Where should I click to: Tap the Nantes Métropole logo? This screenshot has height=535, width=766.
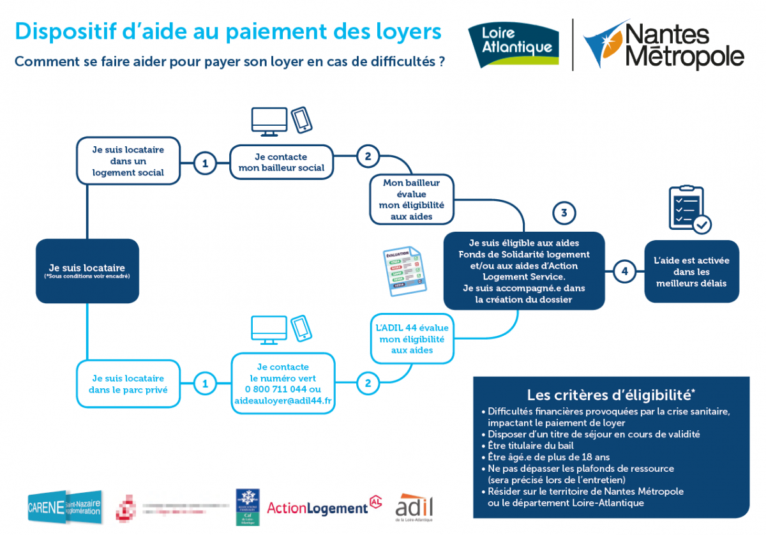(665, 45)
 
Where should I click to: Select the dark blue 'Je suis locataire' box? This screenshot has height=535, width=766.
(87, 271)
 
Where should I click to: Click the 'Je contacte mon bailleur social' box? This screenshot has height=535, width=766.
(281, 162)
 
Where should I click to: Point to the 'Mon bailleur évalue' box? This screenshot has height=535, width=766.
(411, 199)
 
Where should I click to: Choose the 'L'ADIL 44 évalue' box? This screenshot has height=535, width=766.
(412, 338)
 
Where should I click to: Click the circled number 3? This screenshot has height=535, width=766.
(564, 213)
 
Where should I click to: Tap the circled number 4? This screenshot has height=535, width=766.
(624, 271)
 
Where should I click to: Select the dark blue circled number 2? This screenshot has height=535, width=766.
(368, 156)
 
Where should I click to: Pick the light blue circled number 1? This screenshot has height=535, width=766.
(205, 383)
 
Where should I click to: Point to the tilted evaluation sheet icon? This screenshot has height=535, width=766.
(404, 271)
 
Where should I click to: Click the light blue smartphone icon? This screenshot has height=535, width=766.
(301, 328)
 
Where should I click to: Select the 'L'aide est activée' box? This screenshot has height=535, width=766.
(691, 271)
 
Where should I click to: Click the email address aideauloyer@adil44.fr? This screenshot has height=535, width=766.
(282, 401)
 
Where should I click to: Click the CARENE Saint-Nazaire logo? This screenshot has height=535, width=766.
(64, 508)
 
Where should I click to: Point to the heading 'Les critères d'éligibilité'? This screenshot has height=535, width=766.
(610, 394)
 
